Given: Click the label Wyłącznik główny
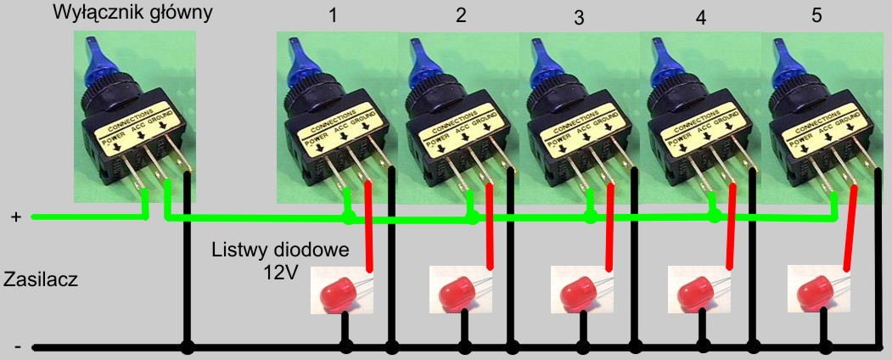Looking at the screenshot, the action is coord(132,13).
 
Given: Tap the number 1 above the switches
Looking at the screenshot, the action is coord(333,15).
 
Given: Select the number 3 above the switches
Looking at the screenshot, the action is coord(579,18).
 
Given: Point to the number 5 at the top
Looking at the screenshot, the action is coord(817,15).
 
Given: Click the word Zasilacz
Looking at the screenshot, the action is coord(41,280).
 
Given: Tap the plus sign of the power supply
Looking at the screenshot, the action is coord(16,217).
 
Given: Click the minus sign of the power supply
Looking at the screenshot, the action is coord(18,346).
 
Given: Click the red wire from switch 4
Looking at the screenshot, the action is coord(731,226).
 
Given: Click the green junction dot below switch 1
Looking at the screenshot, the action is coord(349,218).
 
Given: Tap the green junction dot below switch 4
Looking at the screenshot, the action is coord(715,217).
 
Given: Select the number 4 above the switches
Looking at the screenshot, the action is coord(700,18).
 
